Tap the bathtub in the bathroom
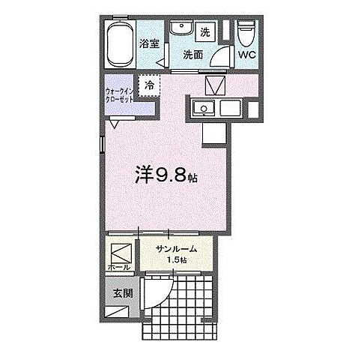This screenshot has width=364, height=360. pos(118,46)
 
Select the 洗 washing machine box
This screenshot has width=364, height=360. pos(205,32)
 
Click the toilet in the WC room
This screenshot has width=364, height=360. pos(245,34)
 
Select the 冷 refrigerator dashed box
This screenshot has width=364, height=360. pos(149,86)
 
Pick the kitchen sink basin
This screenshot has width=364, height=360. pos(202,109)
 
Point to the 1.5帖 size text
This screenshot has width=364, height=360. pos(177,259)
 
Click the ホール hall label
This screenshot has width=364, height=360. pos(120,267)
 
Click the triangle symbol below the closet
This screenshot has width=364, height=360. pos(114,124)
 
